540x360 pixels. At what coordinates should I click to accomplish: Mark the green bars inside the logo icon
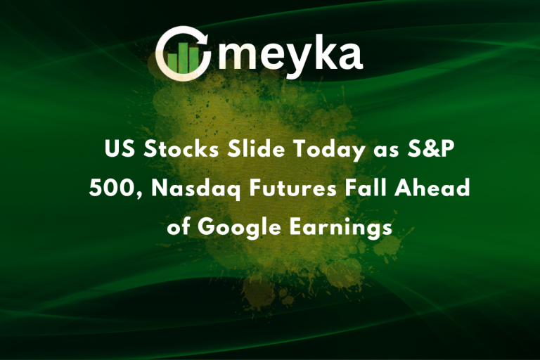click(x=185, y=58)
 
